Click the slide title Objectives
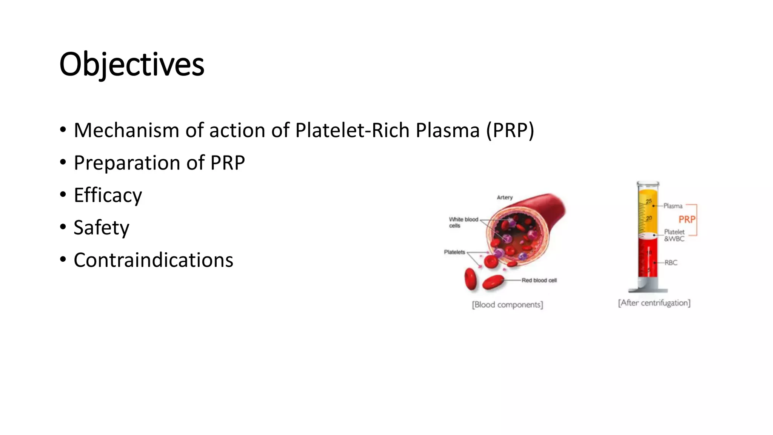click(x=132, y=65)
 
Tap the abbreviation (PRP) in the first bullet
click(x=510, y=131)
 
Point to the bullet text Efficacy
click(x=108, y=196)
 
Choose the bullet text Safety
click(x=102, y=228)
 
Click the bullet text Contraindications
click(x=153, y=260)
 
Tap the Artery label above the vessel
click(x=505, y=197)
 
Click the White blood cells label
click(x=463, y=222)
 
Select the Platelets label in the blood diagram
click(x=454, y=252)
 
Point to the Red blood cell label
click(x=539, y=280)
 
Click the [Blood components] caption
click(x=507, y=305)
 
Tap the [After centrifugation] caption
click(x=654, y=303)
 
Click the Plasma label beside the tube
click(x=673, y=206)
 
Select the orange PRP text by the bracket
click(x=687, y=220)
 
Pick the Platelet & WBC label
click(x=674, y=235)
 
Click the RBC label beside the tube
click(x=671, y=262)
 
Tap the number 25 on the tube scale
click(x=649, y=201)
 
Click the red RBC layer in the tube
click(x=648, y=261)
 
